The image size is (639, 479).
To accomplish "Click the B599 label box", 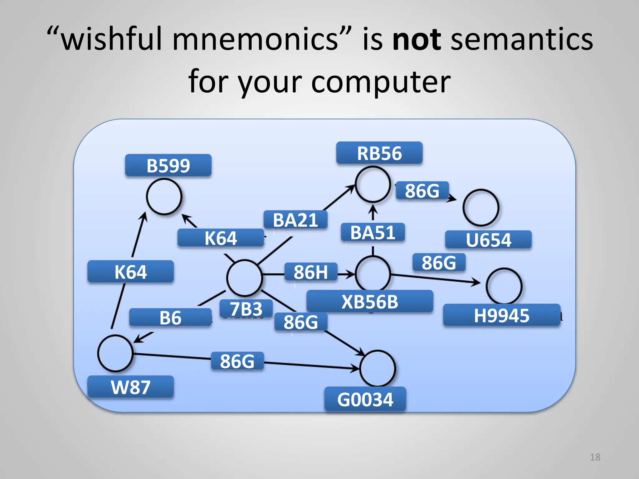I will [x=168, y=166].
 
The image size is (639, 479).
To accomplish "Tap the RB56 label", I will [x=379, y=153].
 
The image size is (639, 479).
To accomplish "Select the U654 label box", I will [x=488, y=240].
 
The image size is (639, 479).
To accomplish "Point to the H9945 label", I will [x=501, y=315].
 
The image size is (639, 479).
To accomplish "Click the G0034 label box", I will [x=365, y=399].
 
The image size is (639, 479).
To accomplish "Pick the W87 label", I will [x=130, y=387].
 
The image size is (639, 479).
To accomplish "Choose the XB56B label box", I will [x=370, y=302].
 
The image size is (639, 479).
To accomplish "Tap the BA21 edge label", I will [x=295, y=220].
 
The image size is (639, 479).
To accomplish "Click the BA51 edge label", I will [x=373, y=232].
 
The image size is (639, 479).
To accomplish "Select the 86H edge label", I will [x=311, y=272].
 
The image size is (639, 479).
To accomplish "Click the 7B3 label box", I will [x=246, y=309].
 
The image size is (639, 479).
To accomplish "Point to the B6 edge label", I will [x=170, y=318].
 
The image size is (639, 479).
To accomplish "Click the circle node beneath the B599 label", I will [x=164, y=197].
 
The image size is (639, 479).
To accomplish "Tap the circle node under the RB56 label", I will [x=373, y=184].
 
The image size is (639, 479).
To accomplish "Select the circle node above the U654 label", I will [x=481, y=207].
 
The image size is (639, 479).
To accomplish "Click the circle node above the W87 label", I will [x=115, y=353].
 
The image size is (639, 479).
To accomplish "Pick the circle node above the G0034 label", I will [x=378, y=368].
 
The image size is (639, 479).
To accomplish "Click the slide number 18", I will [x=595, y=457].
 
